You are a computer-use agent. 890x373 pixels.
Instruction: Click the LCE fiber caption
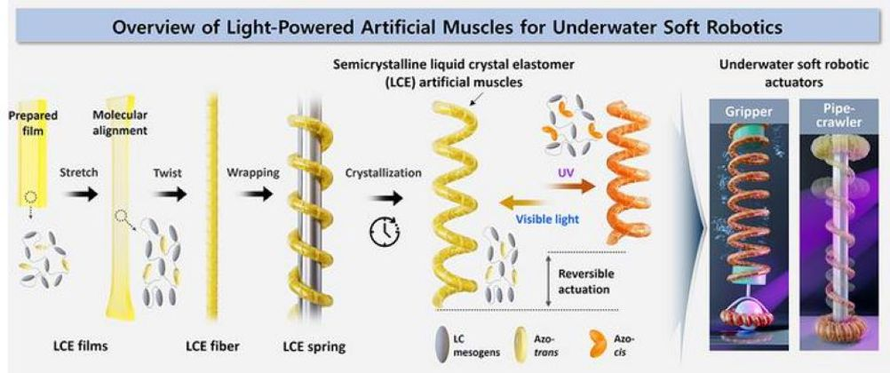pyautogui.click(x=209, y=342)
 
